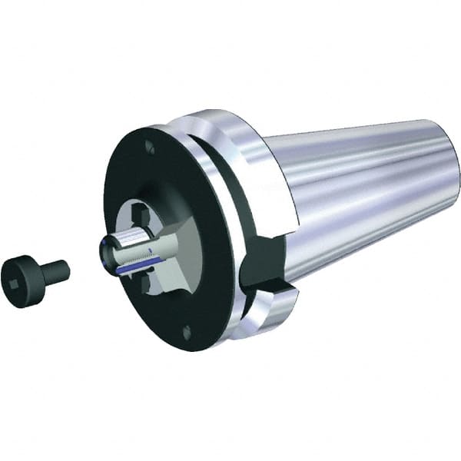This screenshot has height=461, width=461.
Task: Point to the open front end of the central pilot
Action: (108, 254)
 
